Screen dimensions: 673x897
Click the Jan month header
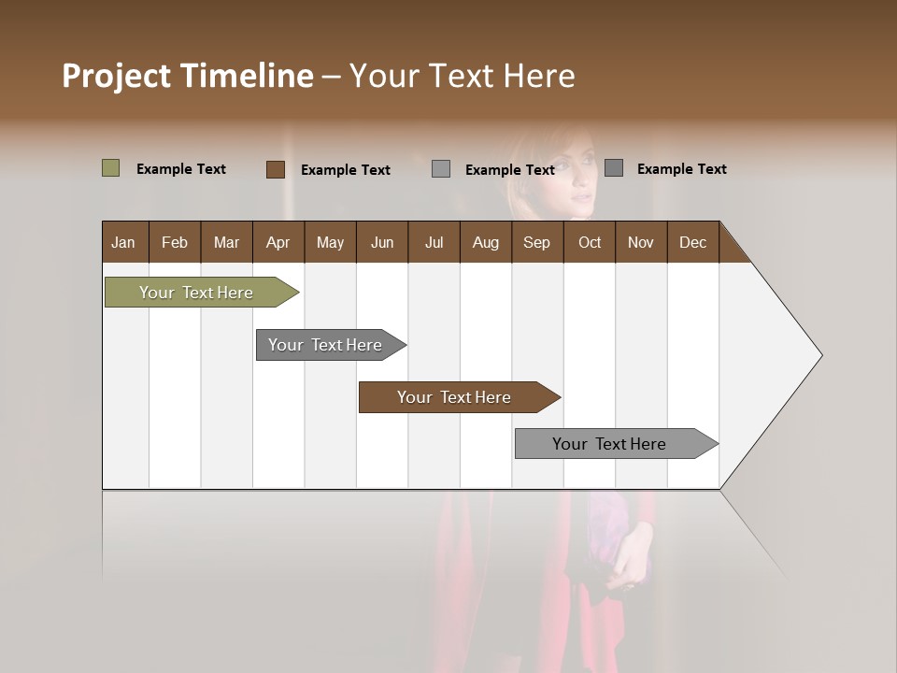(x=123, y=242)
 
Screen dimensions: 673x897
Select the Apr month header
(x=278, y=242)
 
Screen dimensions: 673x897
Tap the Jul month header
(x=434, y=242)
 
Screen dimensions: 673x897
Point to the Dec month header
(x=692, y=242)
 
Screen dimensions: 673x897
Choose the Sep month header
(x=536, y=242)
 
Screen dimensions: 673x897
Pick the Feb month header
(x=175, y=242)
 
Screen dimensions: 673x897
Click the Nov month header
(x=640, y=242)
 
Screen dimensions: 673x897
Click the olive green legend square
(x=111, y=168)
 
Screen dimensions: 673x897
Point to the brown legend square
(x=276, y=169)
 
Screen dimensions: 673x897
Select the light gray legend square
(x=441, y=169)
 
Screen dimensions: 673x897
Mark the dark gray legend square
(x=614, y=168)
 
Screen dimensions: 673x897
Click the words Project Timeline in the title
(x=187, y=76)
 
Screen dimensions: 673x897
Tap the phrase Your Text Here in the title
(x=463, y=76)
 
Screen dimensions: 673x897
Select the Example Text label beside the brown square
(x=345, y=170)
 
